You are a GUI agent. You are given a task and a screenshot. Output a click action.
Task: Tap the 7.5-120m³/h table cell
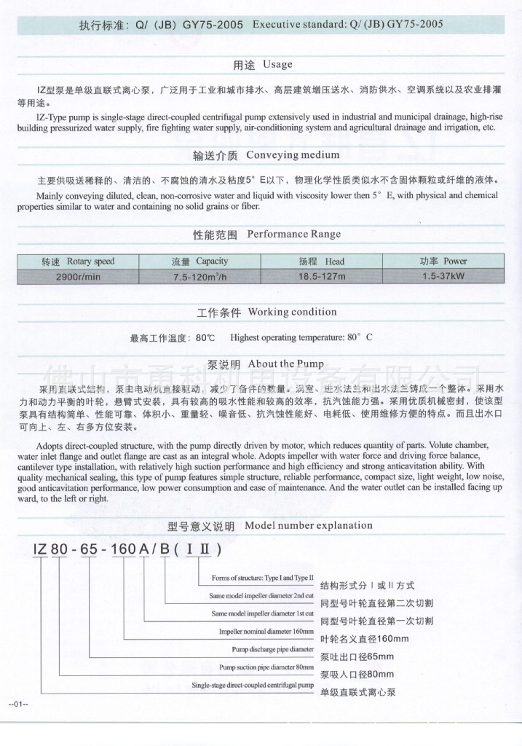pos(199,277)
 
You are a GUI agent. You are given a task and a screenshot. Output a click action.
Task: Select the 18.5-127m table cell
pos(321,277)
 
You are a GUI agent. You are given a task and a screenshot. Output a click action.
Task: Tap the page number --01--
pos(17,704)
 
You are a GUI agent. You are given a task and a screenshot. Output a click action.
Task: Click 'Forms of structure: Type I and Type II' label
pos(262,578)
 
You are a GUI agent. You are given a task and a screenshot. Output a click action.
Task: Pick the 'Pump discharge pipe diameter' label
pos(272,649)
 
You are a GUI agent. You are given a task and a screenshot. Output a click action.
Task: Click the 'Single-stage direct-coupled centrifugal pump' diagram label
pos(253,686)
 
